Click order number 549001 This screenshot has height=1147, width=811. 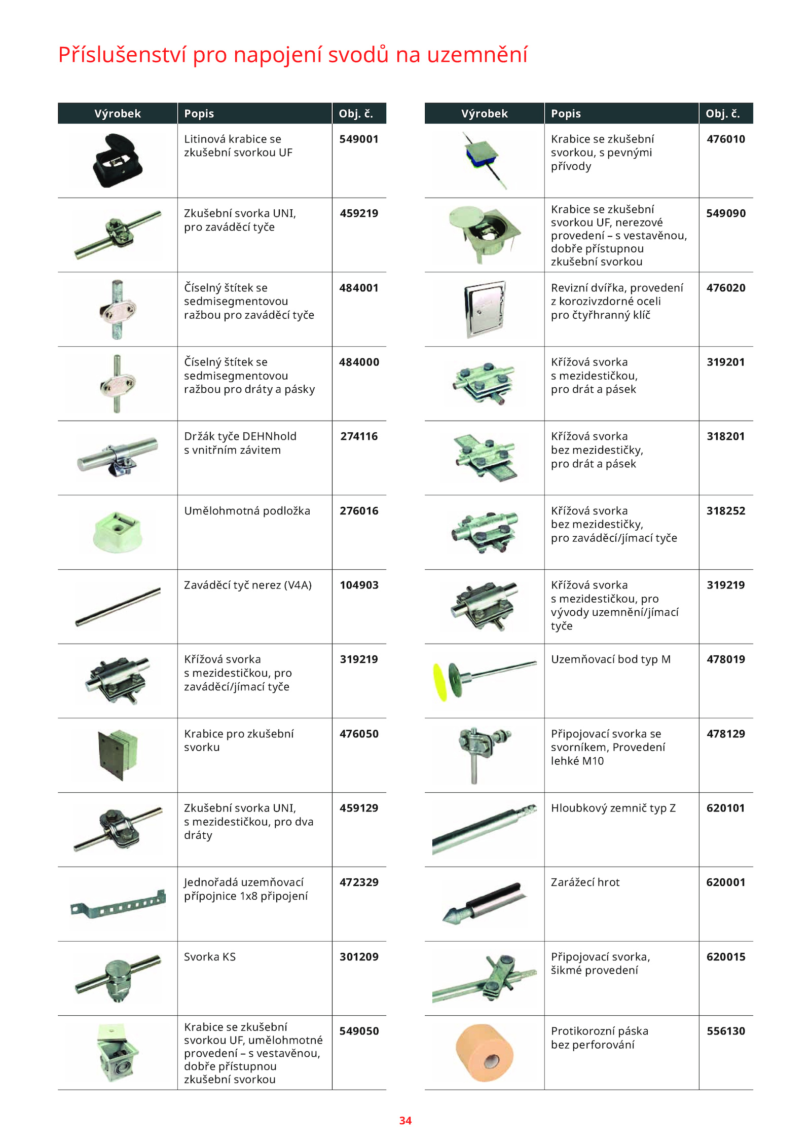point(359,139)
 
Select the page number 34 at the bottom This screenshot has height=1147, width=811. point(405,1121)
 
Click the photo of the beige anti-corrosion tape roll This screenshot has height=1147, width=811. point(485,1053)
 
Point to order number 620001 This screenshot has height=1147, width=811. point(726,882)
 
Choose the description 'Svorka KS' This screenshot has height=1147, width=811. point(210,957)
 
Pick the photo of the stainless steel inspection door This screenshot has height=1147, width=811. point(485,309)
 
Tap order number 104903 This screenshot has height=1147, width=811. point(359,585)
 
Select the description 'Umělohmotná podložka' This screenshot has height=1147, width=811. point(247,511)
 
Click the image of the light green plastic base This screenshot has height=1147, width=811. point(118,532)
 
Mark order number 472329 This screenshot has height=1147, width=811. point(359,882)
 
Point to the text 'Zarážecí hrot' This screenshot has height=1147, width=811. point(585,882)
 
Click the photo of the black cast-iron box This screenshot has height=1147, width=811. point(118,161)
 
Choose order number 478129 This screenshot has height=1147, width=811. point(726,734)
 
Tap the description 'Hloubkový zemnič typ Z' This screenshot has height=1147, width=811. point(613,808)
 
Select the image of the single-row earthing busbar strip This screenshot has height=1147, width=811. point(118,905)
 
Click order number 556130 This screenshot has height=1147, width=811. point(726,1031)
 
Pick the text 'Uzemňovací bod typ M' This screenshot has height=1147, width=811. point(611,659)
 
